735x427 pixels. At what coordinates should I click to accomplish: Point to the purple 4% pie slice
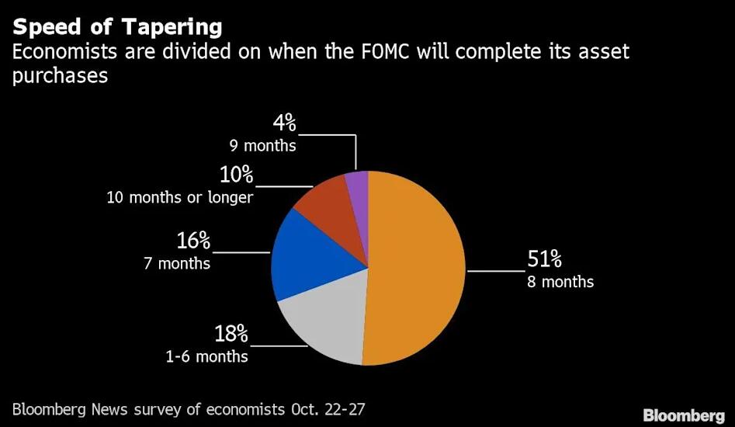click(x=357, y=186)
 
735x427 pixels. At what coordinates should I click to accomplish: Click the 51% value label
click(x=544, y=259)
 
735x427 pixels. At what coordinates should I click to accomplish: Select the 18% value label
click(x=231, y=335)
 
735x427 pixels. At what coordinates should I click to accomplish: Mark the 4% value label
click(x=284, y=123)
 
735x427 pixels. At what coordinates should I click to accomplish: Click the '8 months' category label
click(x=560, y=282)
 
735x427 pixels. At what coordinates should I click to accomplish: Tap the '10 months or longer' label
click(x=180, y=197)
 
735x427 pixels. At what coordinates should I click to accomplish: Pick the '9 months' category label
click(x=263, y=145)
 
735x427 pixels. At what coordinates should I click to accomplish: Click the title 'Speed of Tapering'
click(x=117, y=27)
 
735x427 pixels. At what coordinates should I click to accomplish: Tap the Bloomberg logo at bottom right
click(x=683, y=415)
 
